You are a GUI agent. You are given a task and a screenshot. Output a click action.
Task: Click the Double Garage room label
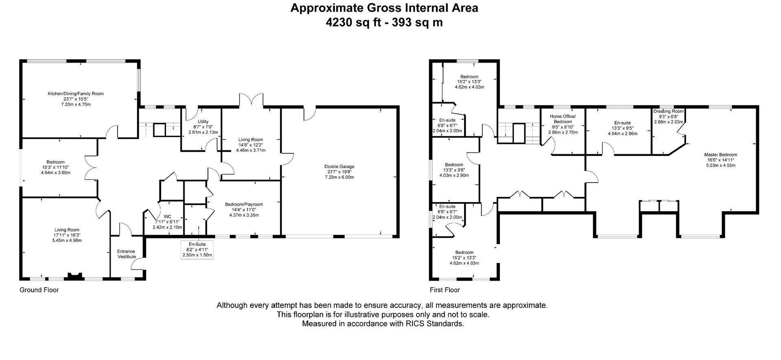pyautogui.click(x=339, y=166)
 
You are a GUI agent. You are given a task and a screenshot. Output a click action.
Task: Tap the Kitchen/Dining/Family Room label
pyautogui.click(x=76, y=94)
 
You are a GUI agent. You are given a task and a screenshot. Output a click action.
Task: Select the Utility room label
pyautogui.click(x=203, y=122)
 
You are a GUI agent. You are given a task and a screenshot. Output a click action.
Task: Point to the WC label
pyautogui.click(x=167, y=216)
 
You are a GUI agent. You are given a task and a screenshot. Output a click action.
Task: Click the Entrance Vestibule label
pyautogui.click(x=127, y=254)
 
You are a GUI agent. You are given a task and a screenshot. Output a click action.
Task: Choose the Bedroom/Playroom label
pyautogui.click(x=244, y=205)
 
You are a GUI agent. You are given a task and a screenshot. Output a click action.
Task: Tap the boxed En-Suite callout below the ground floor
pyautogui.click(x=197, y=250)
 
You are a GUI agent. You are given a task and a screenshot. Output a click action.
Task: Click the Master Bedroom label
pyautogui.click(x=720, y=155)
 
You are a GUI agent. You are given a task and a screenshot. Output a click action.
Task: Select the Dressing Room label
pyautogui.click(x=668, y=111)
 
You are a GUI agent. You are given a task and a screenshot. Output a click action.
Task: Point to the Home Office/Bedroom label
pyautogui.click(x=563, y=119)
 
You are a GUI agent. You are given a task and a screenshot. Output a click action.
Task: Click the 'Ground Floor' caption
pyautogui.click(x=39, y=290)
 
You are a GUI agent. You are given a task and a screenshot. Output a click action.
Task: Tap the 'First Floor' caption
pyautogui.click(x=445, y=290)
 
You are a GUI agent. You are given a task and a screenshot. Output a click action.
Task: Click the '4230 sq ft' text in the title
pyautogui.click(x=353, y=22)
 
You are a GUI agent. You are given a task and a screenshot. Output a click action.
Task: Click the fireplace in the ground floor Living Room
pyautogui.click(x=74, y=276)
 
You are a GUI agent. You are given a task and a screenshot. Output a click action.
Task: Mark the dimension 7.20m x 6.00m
pyautogui.click(x=339, y=177)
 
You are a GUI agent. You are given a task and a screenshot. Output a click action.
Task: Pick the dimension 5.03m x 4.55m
pyautogui.click(x=720, y=165)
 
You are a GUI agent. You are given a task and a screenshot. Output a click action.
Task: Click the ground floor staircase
pyautogui.click(x=159, y=129)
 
